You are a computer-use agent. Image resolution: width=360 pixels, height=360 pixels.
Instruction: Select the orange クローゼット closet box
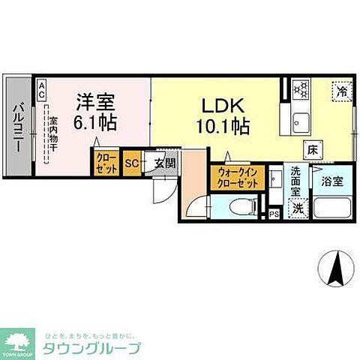105,164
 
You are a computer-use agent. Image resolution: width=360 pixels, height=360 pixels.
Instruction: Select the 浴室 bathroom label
331,181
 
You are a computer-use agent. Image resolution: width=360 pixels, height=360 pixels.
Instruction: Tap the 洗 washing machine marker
299,208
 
